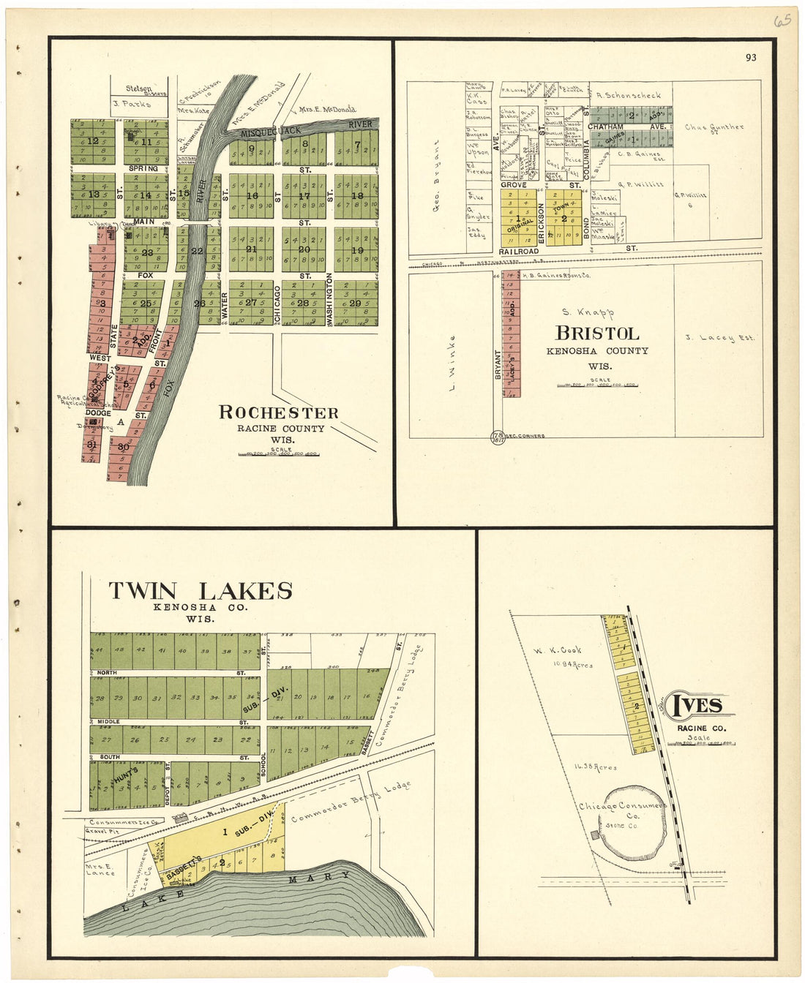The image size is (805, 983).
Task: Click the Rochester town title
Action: click(279, 413)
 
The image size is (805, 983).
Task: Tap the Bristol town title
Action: click(597, 334)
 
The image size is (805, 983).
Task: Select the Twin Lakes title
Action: click(201, 591)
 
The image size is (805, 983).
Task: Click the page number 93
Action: click(751, 58)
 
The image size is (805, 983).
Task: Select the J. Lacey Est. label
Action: click(719, 338)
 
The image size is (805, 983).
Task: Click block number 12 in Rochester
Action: click(92, 141)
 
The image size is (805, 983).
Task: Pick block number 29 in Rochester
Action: click(356, 303)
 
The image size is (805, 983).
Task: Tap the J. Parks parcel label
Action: click(132, 104)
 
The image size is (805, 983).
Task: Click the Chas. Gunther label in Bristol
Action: click(714, 128)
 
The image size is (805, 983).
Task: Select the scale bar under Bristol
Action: click(596, 384)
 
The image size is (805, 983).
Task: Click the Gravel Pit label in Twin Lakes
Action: click(102, 832)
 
